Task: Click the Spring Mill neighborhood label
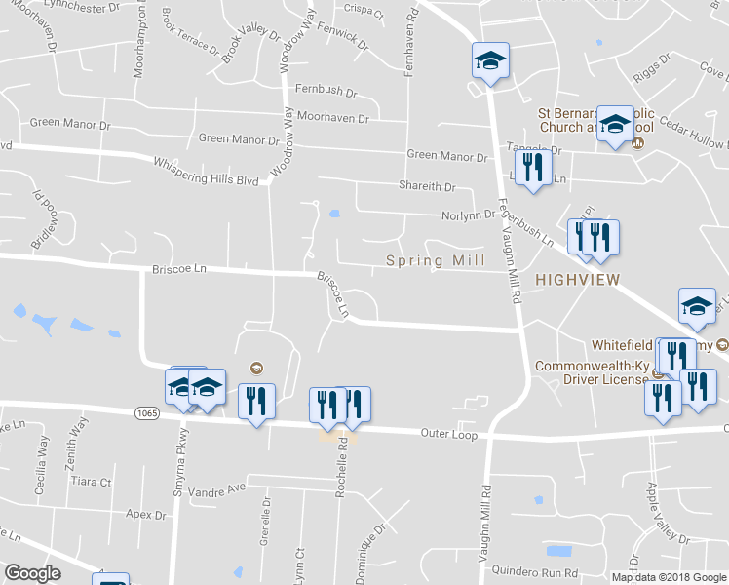click(436, 260)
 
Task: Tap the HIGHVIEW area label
click(578, 280)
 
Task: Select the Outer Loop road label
click(449, 434)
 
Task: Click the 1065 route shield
click(147, 414)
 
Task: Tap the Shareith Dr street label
click(427, 186)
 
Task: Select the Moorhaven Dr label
click(333, 118)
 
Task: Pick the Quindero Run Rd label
click(535, 573)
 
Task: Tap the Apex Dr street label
click(147, 514)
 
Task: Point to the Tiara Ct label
click(92, 482)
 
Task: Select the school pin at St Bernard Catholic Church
click(615, 124)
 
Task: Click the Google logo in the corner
click(32, 573)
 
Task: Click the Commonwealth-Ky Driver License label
click(592, 372)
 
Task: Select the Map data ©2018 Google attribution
click(669, 577)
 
